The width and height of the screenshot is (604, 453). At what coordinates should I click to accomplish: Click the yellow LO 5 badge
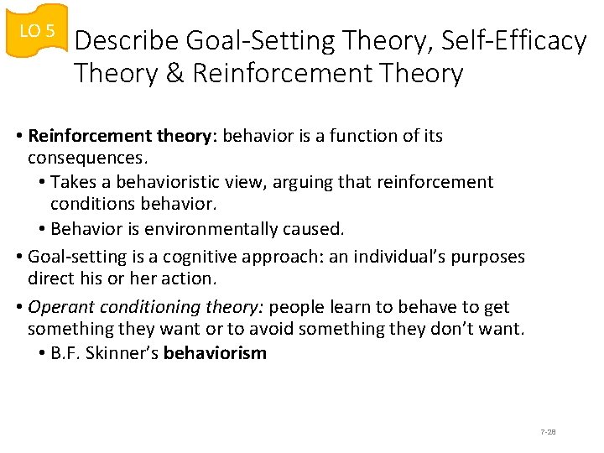pyautogui.click(x=37, y=32)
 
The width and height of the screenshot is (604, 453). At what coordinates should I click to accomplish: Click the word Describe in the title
pyautogui.click(x=128, y=41)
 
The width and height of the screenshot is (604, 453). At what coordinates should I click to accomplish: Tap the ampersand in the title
pyautogui.click(x=174, y=74)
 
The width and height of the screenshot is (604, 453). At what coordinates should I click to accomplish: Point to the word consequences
pyautogui.click(x=86, y=159)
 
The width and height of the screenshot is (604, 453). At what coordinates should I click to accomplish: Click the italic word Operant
pyautogui.click(x=59, y=307)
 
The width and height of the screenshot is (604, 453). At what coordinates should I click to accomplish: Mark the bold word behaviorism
pyautogui.click(x=215, y=353)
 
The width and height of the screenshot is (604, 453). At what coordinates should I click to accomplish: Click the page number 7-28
pyautogui.click(x=549, y=432)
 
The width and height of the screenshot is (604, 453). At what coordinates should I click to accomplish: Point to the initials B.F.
pyautogui.click(x=66, y=353)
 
